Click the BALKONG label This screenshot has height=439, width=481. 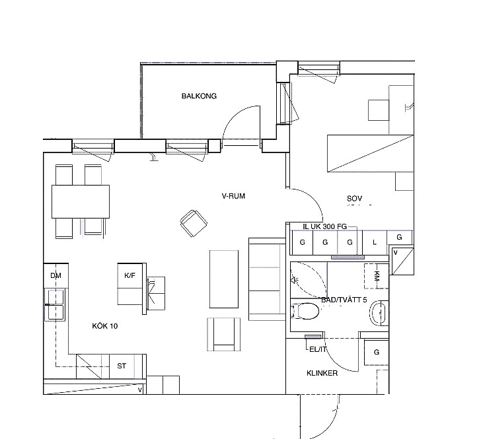click(x=199, y=96)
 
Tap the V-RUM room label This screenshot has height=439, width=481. click(x=233, y=196)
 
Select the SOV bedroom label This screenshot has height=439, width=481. click(x=354, y=198)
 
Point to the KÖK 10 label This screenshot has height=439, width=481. click(x=105, y=326)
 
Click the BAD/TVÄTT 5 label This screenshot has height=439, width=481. click(x=344, y=300)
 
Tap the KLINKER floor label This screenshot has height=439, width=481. click(x=322, y=373)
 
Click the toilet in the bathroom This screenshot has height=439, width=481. click(x=305, y=311)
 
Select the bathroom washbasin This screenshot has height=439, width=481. click(x=379, y=313)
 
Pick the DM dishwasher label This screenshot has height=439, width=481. click(x=55, y=275)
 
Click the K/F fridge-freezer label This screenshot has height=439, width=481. click(x=129, y=275)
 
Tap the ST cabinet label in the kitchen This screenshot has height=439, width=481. click(x=122, y=366)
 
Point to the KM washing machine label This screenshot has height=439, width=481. click(x=377, y=277)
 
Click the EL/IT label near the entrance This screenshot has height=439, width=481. click(x=318, y=349)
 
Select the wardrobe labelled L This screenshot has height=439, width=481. click(x=375, y=242)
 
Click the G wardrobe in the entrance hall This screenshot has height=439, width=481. click(x=377, y=353)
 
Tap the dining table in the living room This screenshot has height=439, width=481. click(x=81, y=201)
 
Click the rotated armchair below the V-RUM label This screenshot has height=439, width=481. click(x=194, y=223)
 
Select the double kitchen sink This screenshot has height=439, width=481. click(x=55, y=304)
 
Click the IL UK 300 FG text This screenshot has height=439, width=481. click(x=324, y=226)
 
